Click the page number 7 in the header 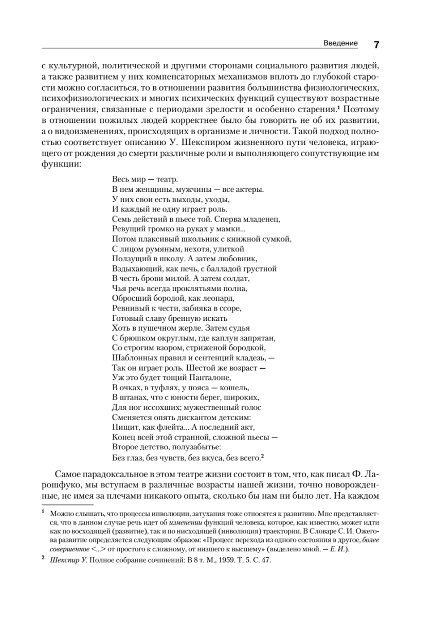[376, 44]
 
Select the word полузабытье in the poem [196, 446]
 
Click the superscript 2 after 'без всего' [262, 454]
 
